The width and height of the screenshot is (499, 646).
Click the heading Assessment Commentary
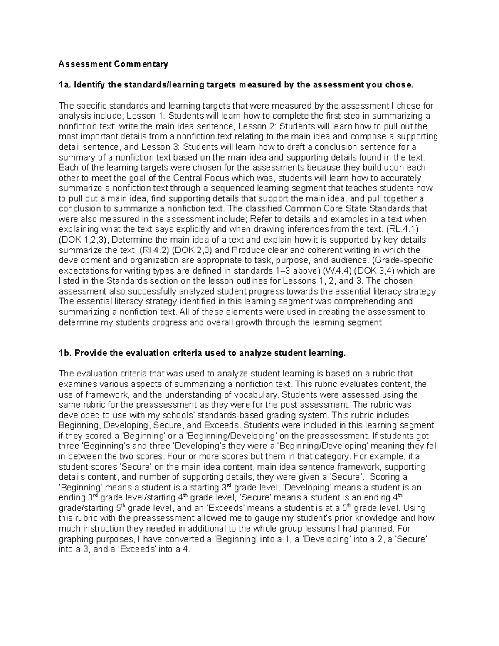click(x=113, y=64)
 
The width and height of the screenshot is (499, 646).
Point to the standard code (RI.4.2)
click(x=153, y=250)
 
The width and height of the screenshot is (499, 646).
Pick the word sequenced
click(x=203, y=188)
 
